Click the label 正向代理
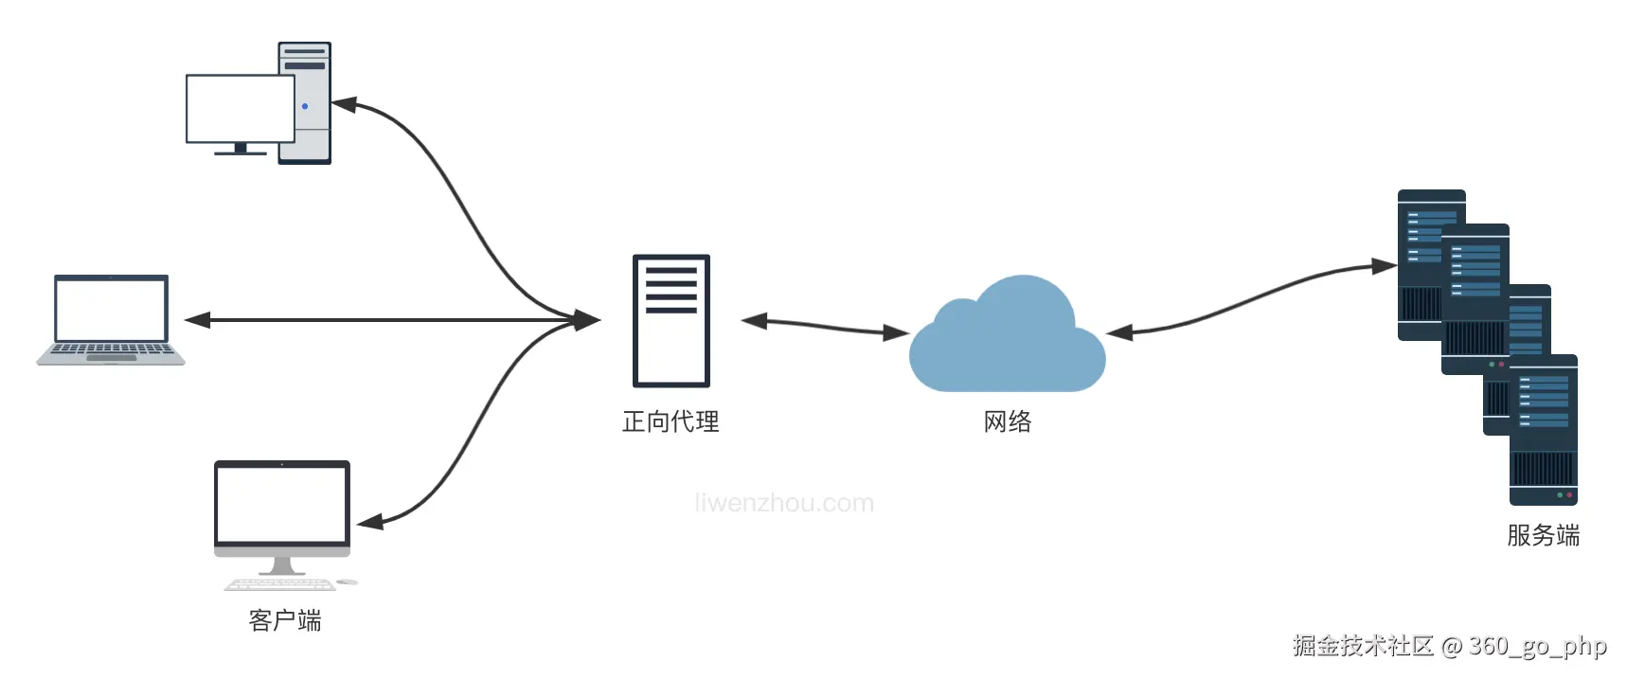click(670, 421)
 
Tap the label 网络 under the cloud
click(1007, 421)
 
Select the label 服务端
click(1543, 535)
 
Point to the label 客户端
click(284, 620)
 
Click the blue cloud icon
click(1007, 341)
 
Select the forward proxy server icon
click(670, 320)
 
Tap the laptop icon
click(111, 319)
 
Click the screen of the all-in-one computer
click(282, 502)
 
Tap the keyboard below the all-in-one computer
click(279, 583)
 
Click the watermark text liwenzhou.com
click(784, 503)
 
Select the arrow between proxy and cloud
click(824, 327)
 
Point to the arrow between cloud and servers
click(1250, 301)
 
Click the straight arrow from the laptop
click(379, 320)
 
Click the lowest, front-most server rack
click(1543, 431)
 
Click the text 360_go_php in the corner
click(1537, 646)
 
